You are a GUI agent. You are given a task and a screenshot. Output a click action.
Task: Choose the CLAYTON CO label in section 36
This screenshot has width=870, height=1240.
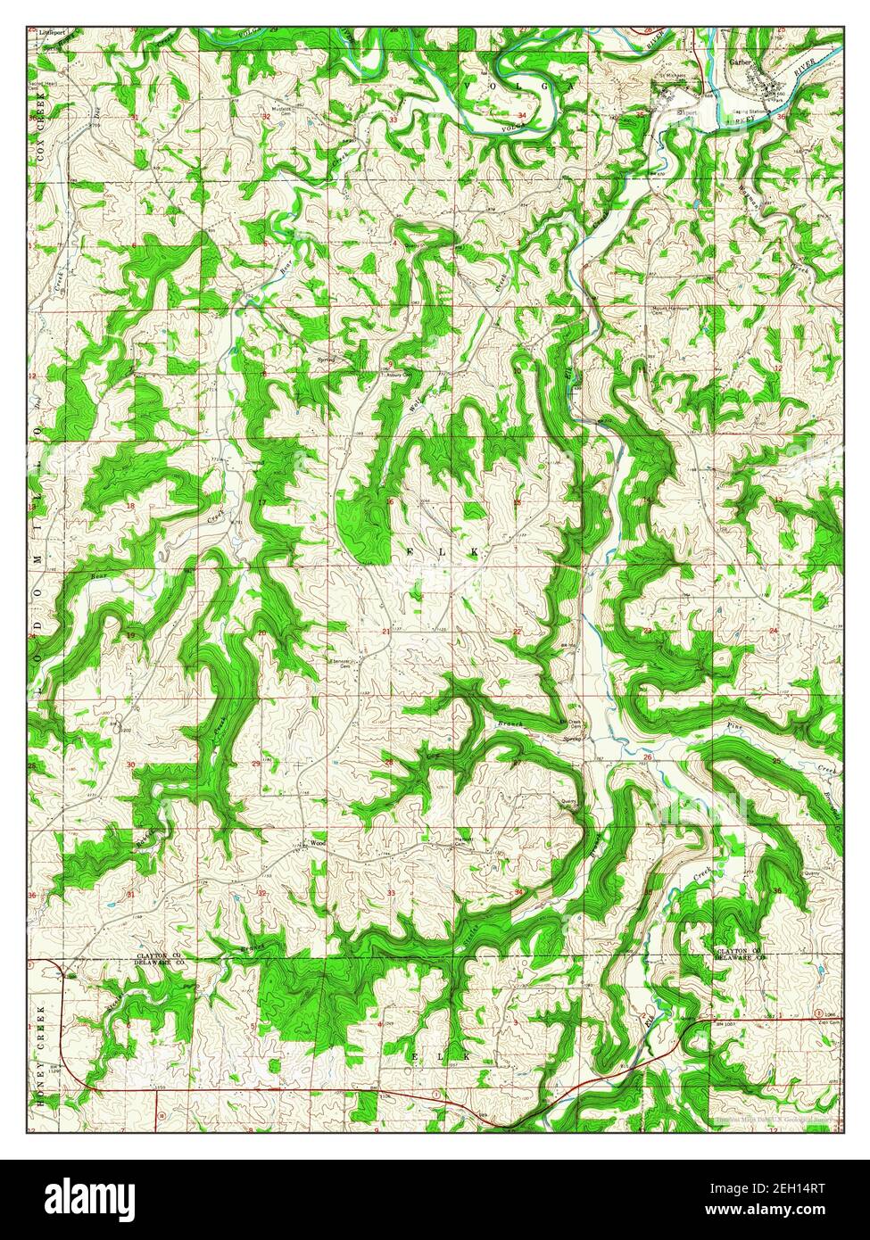pyautogui.click(x=739, y=952)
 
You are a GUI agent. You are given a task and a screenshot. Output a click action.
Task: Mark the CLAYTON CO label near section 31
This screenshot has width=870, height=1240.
pyautogui.click(x=160, y=955)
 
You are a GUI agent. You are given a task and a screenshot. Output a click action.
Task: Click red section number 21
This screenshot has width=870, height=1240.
pyautogui.click(x=385, y=632)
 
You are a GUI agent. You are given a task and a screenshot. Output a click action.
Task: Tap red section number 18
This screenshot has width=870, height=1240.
pyautogui.click(x=130, y=506)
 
